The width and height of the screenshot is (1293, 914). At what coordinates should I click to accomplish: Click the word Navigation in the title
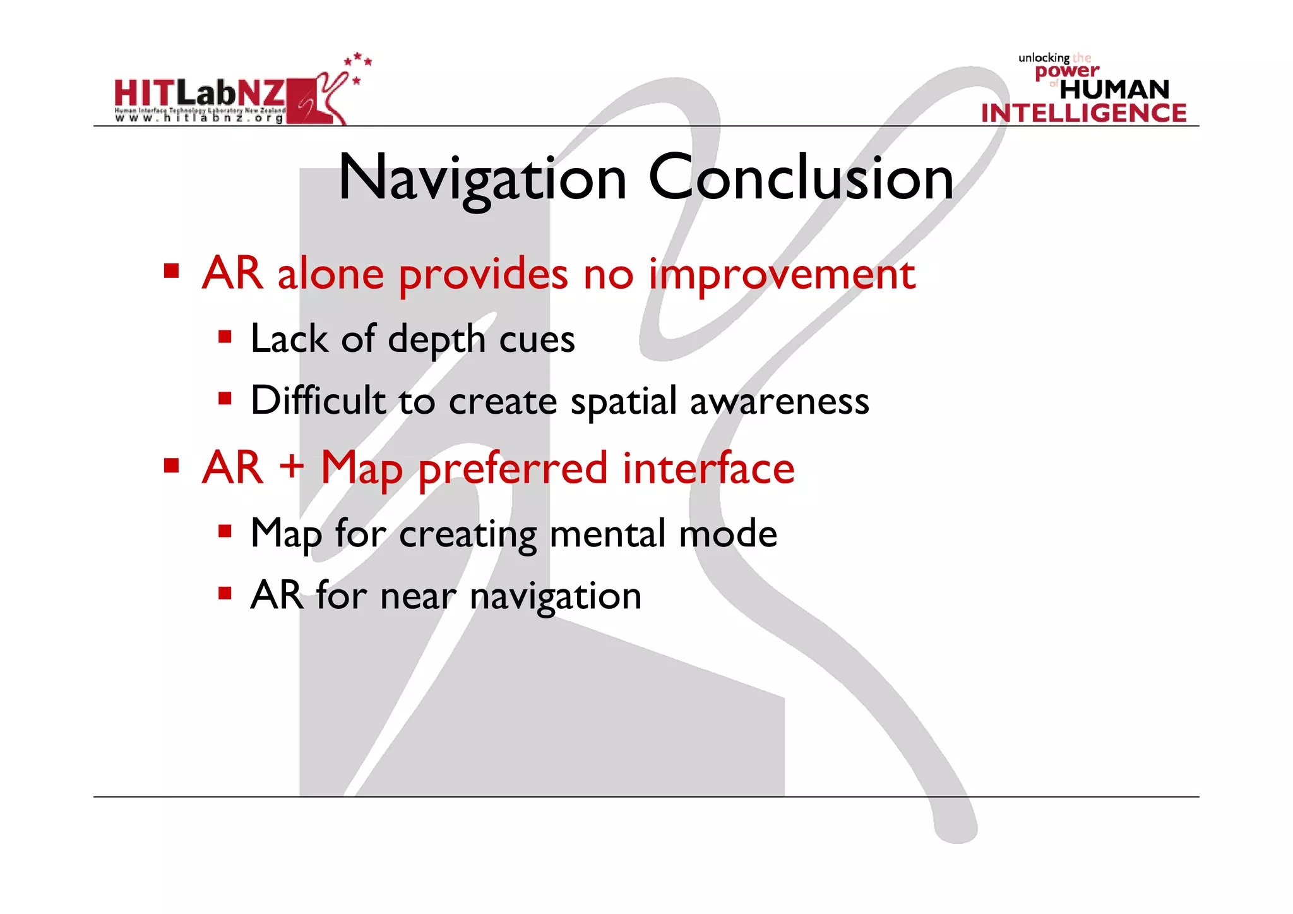tap(482, 179)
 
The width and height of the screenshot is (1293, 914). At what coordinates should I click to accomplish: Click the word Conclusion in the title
tap(801, 179)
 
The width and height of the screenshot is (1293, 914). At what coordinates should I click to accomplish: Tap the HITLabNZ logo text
tap(200, 93)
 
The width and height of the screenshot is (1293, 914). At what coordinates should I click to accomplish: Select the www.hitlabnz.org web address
tap(199, 118)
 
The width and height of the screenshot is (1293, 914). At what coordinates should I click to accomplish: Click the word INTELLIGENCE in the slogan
tap(1083, 113)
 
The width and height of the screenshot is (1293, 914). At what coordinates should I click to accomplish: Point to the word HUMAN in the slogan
tap(1114, 90)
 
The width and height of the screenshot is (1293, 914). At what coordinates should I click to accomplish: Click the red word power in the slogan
tap(1066, 71)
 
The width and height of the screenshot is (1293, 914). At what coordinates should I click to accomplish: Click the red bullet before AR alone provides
tap(171, 272)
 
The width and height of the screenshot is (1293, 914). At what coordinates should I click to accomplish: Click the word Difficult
tap(318, 400)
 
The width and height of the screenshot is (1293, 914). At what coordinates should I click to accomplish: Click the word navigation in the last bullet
tap(556, 596)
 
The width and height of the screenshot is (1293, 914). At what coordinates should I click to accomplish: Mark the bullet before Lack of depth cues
tap(225, 337)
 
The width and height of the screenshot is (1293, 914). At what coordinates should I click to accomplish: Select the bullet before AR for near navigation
tap(225, 593)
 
